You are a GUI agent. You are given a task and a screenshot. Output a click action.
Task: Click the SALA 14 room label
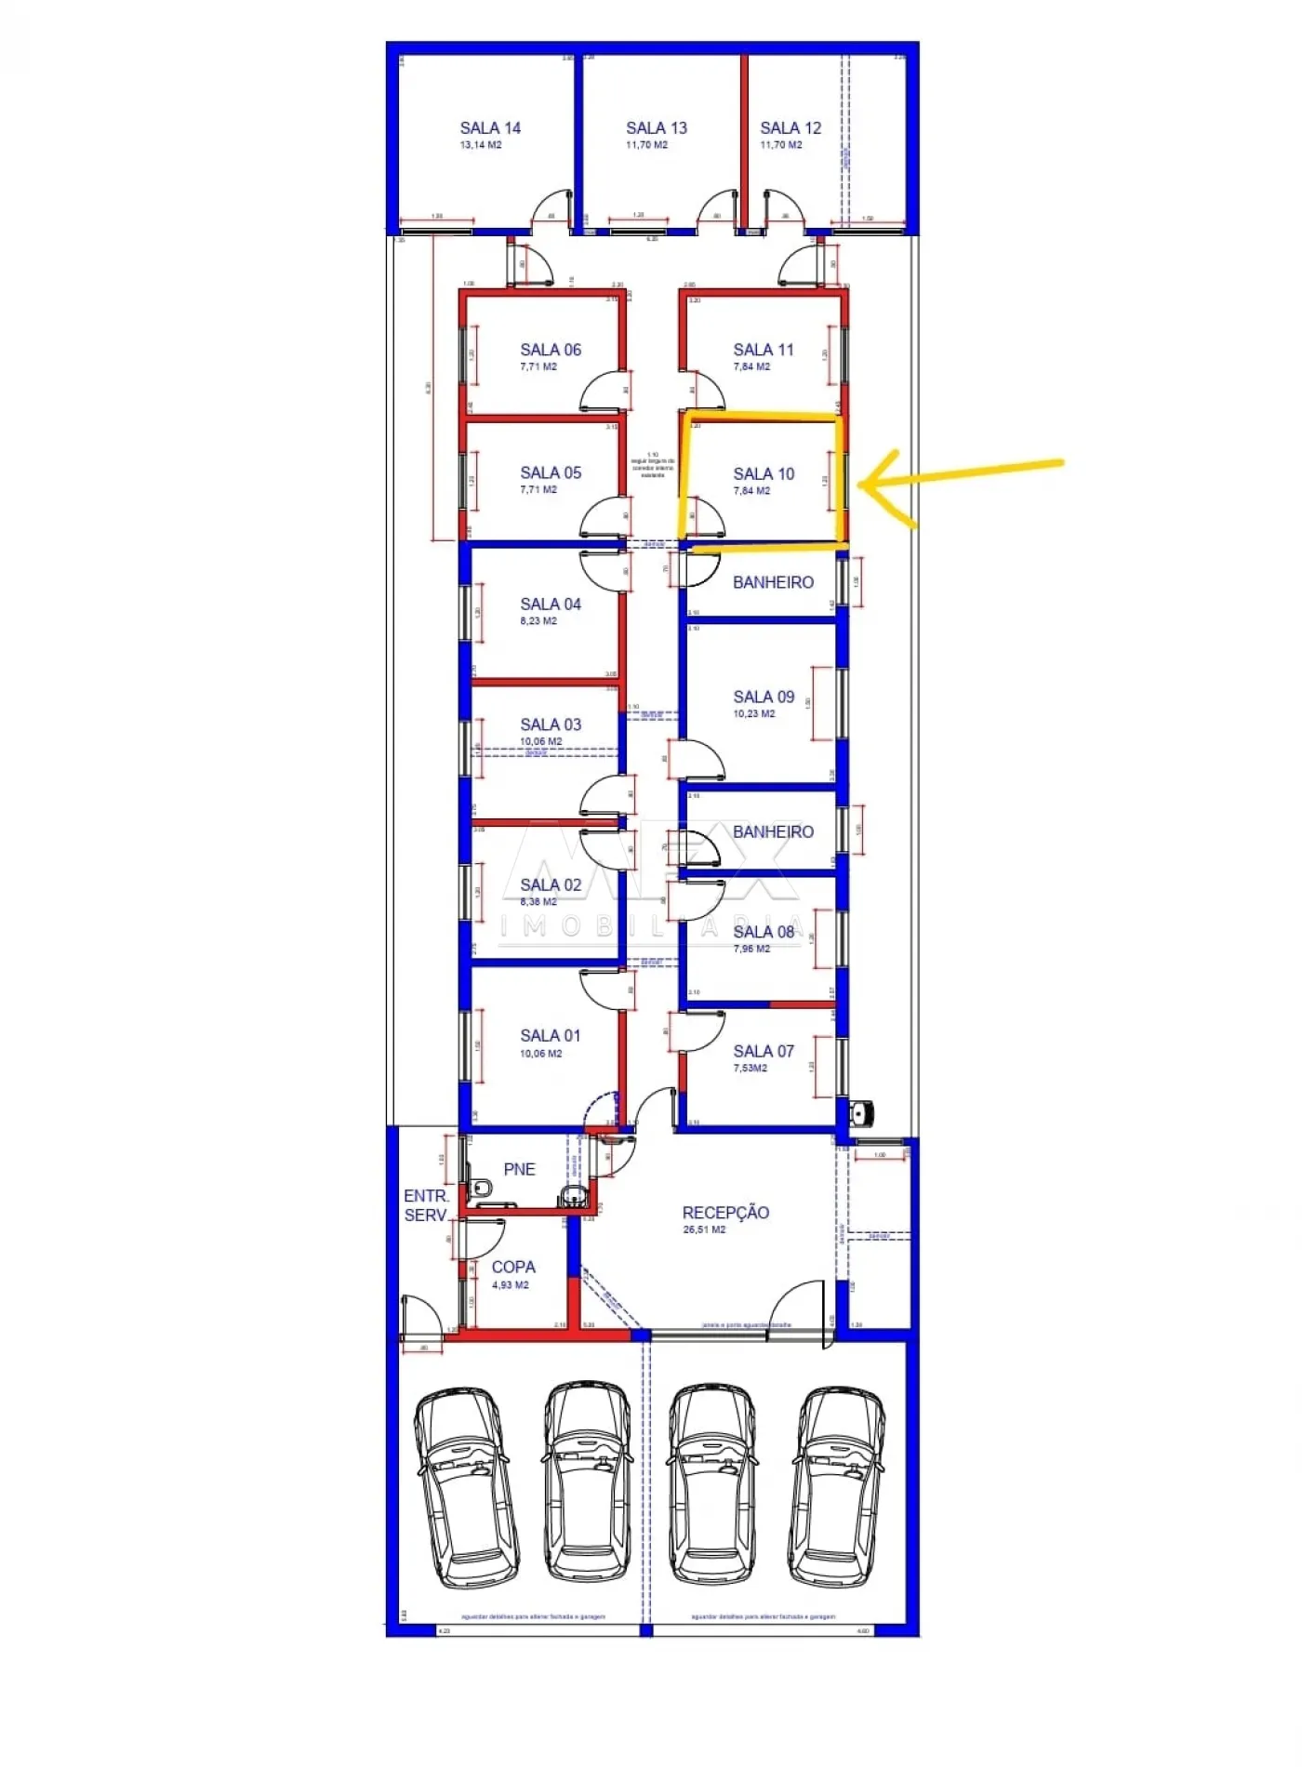(490, 128)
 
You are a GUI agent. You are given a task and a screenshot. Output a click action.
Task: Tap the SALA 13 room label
(656, 128)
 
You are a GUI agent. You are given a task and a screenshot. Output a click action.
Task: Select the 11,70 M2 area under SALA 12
(780, 145)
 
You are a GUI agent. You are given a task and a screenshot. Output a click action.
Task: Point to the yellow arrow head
(865, 484)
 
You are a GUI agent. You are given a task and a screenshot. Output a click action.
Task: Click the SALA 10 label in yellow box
(764, 473)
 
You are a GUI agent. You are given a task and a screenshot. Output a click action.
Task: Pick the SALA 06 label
(551, 350)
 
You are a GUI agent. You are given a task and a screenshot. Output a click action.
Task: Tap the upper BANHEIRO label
(773, 582)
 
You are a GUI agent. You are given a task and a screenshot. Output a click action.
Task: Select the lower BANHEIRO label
(773, 831)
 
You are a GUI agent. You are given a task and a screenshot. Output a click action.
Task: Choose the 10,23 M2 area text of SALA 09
(753, 714)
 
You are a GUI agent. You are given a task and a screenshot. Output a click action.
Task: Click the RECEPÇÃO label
(725, 1213)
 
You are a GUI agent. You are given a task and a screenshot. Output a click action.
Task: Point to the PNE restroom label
(519, 1169)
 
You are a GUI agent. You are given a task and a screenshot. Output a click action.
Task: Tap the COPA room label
(513, 1267)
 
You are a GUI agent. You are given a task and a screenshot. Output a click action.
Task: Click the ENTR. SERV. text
(426, 1205)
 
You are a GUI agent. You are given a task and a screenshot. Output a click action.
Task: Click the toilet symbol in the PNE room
(481, 1188)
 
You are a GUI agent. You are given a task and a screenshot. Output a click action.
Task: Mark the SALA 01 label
(550, 1035)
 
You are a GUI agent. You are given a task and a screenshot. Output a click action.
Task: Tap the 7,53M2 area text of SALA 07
(750, 1069)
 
